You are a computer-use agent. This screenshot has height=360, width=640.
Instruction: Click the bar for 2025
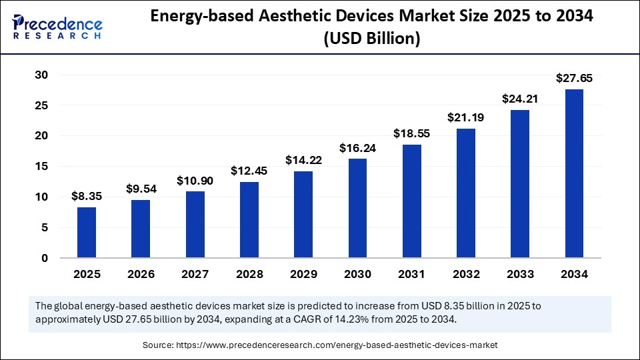coord(87,232)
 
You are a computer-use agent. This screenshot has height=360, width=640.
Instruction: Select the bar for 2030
coord(357,207)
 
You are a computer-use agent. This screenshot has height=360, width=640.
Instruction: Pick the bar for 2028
coord(249,219)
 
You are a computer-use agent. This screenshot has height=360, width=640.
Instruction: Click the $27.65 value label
coord(574,79)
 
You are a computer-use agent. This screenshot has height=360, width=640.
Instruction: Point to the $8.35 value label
coord(87,196)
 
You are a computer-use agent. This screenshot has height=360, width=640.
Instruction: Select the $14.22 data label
coord(303,160)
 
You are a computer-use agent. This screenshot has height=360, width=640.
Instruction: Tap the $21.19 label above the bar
coord(466,117)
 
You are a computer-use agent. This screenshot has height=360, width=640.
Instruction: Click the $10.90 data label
coord(195,181)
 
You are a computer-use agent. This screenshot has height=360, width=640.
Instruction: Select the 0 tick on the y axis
coord(44,258)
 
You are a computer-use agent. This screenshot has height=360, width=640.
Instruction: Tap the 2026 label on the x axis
coord(141,274)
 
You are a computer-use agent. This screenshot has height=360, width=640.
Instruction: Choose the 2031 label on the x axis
coord(412,274)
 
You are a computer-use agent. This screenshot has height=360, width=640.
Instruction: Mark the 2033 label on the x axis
coord(520,274)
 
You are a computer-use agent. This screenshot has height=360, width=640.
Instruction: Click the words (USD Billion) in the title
coord(371,39)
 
